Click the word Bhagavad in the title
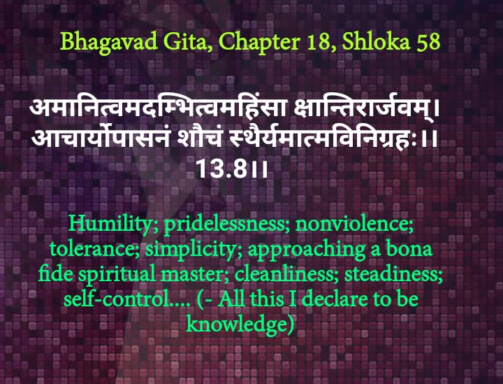(109, 42)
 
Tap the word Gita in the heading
(187, 42)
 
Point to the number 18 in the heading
(321, 42)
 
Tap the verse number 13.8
(221, 169)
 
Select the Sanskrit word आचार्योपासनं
(101, 138)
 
